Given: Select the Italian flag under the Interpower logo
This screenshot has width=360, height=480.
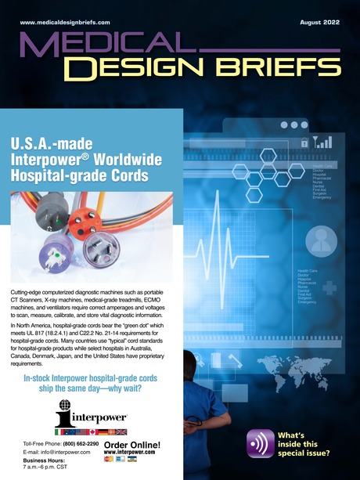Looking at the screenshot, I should tap(58, 431).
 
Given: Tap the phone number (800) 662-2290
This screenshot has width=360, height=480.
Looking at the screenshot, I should tap(81, 444).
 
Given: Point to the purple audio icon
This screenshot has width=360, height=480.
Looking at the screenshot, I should tap(260, 443).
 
